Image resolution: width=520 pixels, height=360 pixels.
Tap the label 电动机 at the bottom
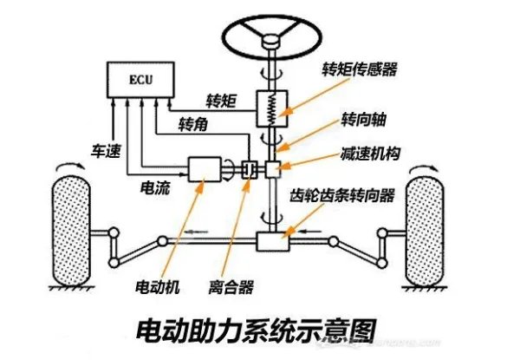coord(157,285)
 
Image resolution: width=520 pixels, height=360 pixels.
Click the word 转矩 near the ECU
coord(221,101)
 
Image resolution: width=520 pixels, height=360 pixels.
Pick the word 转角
coord(192,126)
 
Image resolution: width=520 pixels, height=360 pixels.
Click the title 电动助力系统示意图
coord(258,331)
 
